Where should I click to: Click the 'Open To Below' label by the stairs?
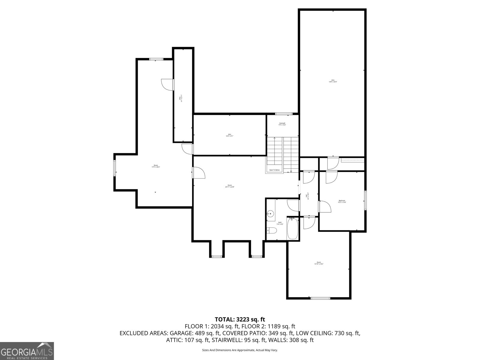click(274, 170)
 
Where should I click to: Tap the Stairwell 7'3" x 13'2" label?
click(282, 124)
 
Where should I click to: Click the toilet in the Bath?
click(272, 231)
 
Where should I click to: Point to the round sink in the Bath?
click(271, 214)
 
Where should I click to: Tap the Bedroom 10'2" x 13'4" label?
click(342, 201)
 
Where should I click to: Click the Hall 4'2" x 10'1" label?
click(307, 196)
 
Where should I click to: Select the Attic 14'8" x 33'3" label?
click(333, 81)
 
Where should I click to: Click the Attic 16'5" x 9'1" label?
click(229, 135)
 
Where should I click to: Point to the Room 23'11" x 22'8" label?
click(229, 186)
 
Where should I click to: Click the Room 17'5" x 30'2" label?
click(156, 166)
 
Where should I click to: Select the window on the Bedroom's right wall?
click(365, 200)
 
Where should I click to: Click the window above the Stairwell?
click(284, 114)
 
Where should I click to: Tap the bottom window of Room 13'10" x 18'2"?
click(320, 298)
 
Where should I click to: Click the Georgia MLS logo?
click(27, 351)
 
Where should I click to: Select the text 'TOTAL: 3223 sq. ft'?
click(240, 319)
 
